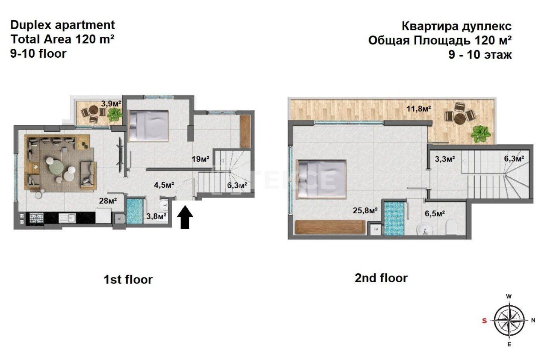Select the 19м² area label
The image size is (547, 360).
[200, 159]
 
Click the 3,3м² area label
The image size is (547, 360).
[444, 159]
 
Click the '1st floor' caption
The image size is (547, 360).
[128, 280]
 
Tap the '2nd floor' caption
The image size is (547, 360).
[381, 278]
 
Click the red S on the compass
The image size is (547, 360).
[484, 321]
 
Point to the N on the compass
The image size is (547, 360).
[533, 320]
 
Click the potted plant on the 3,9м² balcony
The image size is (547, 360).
[115, 114]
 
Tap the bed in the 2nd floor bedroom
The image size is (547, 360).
[321, 179]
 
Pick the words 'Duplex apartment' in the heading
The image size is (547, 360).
[62, 25]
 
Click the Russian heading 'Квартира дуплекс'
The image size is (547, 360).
[456, 26]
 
